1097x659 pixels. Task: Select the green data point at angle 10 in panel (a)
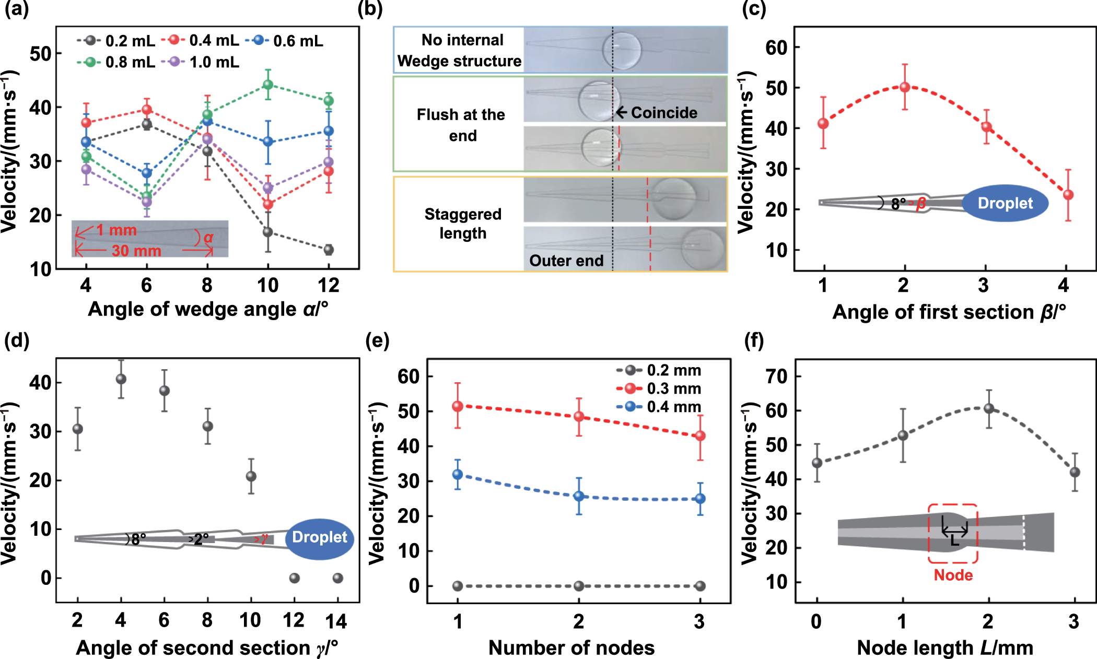click(x=268, y=85)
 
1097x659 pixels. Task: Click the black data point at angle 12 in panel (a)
click(x=329, y=250)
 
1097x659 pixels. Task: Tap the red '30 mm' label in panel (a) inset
click(x=136, y=251)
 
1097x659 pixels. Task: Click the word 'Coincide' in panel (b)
click(x=663, y=113)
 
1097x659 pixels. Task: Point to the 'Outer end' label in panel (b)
click(x=566, y=261)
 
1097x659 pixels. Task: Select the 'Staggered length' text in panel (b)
click(x=462, y=223)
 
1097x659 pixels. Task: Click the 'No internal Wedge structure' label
click(x=459, y=51)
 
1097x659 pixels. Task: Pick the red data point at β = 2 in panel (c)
click(x=905, y=87)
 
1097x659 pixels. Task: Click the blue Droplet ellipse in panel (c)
click(x=1005, y=203)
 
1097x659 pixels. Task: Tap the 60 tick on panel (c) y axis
click(x=776, y=48)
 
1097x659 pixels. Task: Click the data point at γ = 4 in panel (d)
click(x=121, y=379)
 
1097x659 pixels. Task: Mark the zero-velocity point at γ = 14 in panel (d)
click(x=338, y=578)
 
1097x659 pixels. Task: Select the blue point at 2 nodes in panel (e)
click(x=579, y=496)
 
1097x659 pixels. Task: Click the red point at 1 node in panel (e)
click(x=458, y=406)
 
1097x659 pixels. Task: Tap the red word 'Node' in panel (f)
click(x=953, y=575)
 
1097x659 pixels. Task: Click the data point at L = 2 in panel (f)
click(x=989, y=409)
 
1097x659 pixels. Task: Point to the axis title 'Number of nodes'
click(x=571, y=648)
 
